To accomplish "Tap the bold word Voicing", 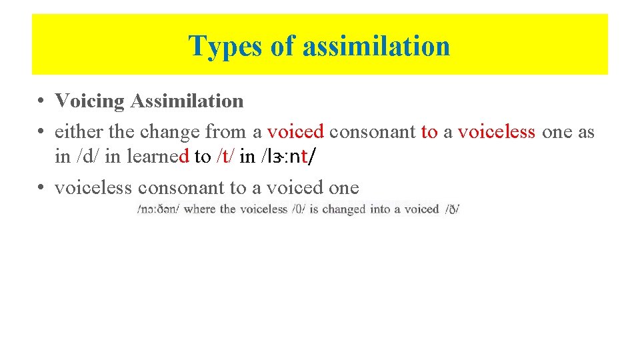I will [90, 101].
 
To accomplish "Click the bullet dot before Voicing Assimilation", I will [41, 101].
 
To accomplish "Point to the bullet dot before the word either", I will [41, 132].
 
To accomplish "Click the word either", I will [77, 132].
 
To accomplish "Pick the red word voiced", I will [295, 132].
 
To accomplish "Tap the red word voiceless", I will [497, 132].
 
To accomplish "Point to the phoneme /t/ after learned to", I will [225, 157].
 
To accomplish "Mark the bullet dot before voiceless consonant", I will [41, 188].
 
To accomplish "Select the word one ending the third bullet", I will [343, 188].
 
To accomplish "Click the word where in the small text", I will [200, 209].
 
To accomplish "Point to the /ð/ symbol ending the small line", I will [453, 209].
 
